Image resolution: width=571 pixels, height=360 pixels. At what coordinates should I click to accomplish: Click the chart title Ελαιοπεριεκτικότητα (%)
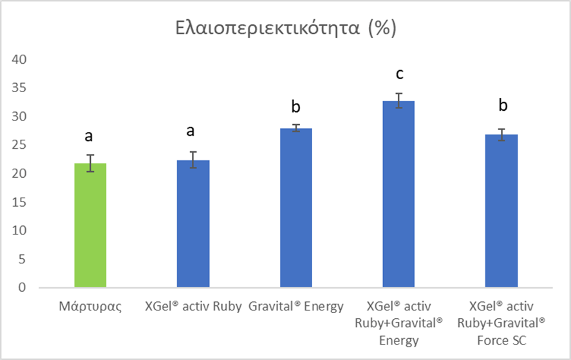click(285, 29)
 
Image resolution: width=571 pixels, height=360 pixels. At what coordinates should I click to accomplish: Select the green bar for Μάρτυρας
click(90, 225)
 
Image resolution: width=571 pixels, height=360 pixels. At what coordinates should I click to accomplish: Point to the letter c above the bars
click(399, 75)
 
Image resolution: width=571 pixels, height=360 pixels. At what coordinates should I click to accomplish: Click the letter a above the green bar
click(90, 136)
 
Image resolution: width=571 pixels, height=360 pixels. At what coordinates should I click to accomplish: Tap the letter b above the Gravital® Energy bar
click(296, 106)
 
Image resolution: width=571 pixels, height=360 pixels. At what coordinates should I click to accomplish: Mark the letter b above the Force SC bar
click(502, 106)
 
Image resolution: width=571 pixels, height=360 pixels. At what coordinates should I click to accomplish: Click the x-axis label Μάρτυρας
click(90, 307)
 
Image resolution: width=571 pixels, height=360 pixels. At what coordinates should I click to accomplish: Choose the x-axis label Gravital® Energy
click(296, 307)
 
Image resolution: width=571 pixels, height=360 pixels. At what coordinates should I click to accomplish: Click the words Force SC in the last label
click(502, 340)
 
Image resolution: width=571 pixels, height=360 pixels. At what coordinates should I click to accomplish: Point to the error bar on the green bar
click(90, 163)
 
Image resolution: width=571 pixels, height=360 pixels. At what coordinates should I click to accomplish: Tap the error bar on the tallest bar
click(399, 100)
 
